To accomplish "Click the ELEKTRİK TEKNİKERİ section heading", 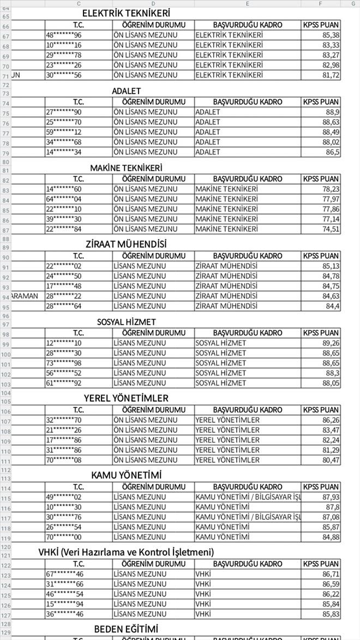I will [126, 13].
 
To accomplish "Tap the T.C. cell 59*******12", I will [64, 132].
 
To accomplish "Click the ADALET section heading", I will [126, 91].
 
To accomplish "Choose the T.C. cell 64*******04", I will [64, 199].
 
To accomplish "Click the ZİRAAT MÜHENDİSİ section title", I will [126, 244].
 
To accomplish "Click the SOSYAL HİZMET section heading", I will [126, 322].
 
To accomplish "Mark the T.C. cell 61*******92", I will [64, 383].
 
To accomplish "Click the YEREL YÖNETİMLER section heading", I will [126, 398].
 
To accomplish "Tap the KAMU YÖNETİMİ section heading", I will [126, 475].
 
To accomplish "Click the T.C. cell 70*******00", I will [64, 537].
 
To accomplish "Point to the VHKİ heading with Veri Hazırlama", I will [126, 552].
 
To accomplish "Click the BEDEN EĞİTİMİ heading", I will [126, 629].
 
